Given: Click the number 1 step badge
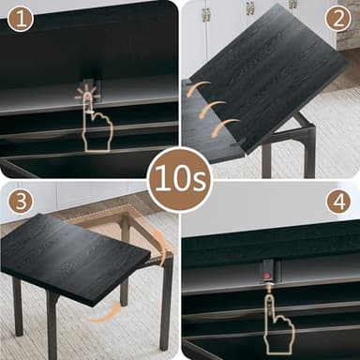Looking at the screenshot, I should [20, 18].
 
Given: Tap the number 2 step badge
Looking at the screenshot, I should [337, 18].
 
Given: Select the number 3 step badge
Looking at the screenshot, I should [20, 202].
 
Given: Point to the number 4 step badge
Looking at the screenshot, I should [337, 202].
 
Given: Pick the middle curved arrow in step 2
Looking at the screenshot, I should [215, 110].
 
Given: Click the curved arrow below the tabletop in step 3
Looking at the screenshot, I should [108, 314].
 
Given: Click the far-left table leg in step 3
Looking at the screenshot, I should [17, 306].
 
